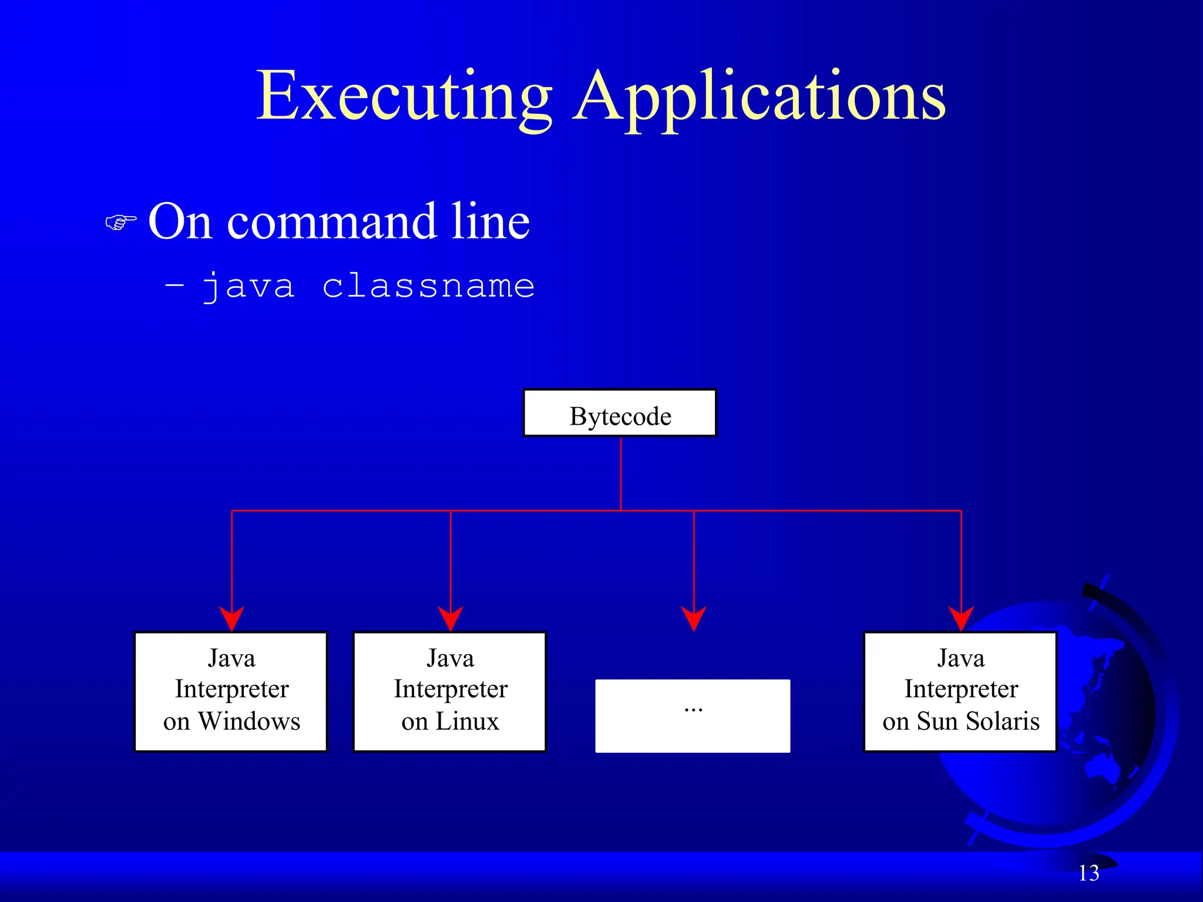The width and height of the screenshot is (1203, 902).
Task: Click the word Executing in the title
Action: (x=404, y=97)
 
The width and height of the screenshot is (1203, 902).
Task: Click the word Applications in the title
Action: (x=759, y=97)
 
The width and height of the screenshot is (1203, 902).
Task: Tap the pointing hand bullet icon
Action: (x=120, y=223)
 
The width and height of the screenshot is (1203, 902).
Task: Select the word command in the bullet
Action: (x=332, y=222)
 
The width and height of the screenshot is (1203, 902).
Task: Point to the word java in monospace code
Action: (x=248, y=287)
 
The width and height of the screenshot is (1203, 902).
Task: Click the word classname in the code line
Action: (x=428, y=286)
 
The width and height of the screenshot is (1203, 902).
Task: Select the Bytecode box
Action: (x=620, y=413)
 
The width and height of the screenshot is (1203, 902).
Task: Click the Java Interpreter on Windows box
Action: (x=231, y=691)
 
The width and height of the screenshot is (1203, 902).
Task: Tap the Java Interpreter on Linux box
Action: (x=450, y=691)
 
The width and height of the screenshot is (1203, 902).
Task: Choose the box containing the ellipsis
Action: (x=693, y=716)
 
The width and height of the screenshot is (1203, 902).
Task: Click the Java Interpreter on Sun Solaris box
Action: (x=960, y=691)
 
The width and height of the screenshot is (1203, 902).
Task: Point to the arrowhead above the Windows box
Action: (x=231, y=618)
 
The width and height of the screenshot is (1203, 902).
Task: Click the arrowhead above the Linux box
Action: (x=451, y=618)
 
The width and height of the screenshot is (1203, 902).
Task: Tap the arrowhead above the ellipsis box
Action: (x=694, y=618)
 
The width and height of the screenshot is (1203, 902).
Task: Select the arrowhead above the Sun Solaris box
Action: (x=961, y=618)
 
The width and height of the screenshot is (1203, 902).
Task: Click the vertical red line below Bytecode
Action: (x=621, y=473)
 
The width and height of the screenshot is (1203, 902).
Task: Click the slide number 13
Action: (x=1088, y=873)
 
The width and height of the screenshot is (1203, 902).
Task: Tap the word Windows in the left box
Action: (x=249, y=721)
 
